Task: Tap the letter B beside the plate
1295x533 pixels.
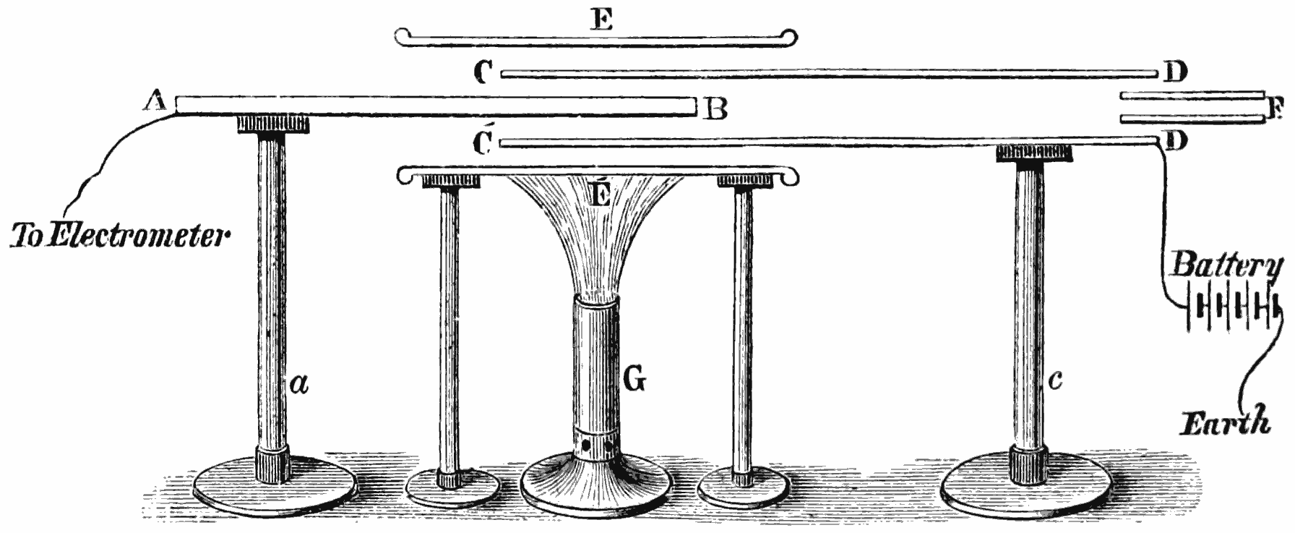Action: (x=715, y=110)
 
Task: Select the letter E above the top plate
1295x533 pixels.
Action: (x=601, y=20)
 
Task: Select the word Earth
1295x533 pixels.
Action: (x=1226, y=421)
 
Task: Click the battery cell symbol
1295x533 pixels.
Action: (x=1231, y=310)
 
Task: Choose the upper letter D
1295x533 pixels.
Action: (x=1176, y=72)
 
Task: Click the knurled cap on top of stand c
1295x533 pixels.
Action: (x=1033, y=153)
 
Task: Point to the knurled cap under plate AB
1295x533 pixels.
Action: (x=273, y=124)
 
